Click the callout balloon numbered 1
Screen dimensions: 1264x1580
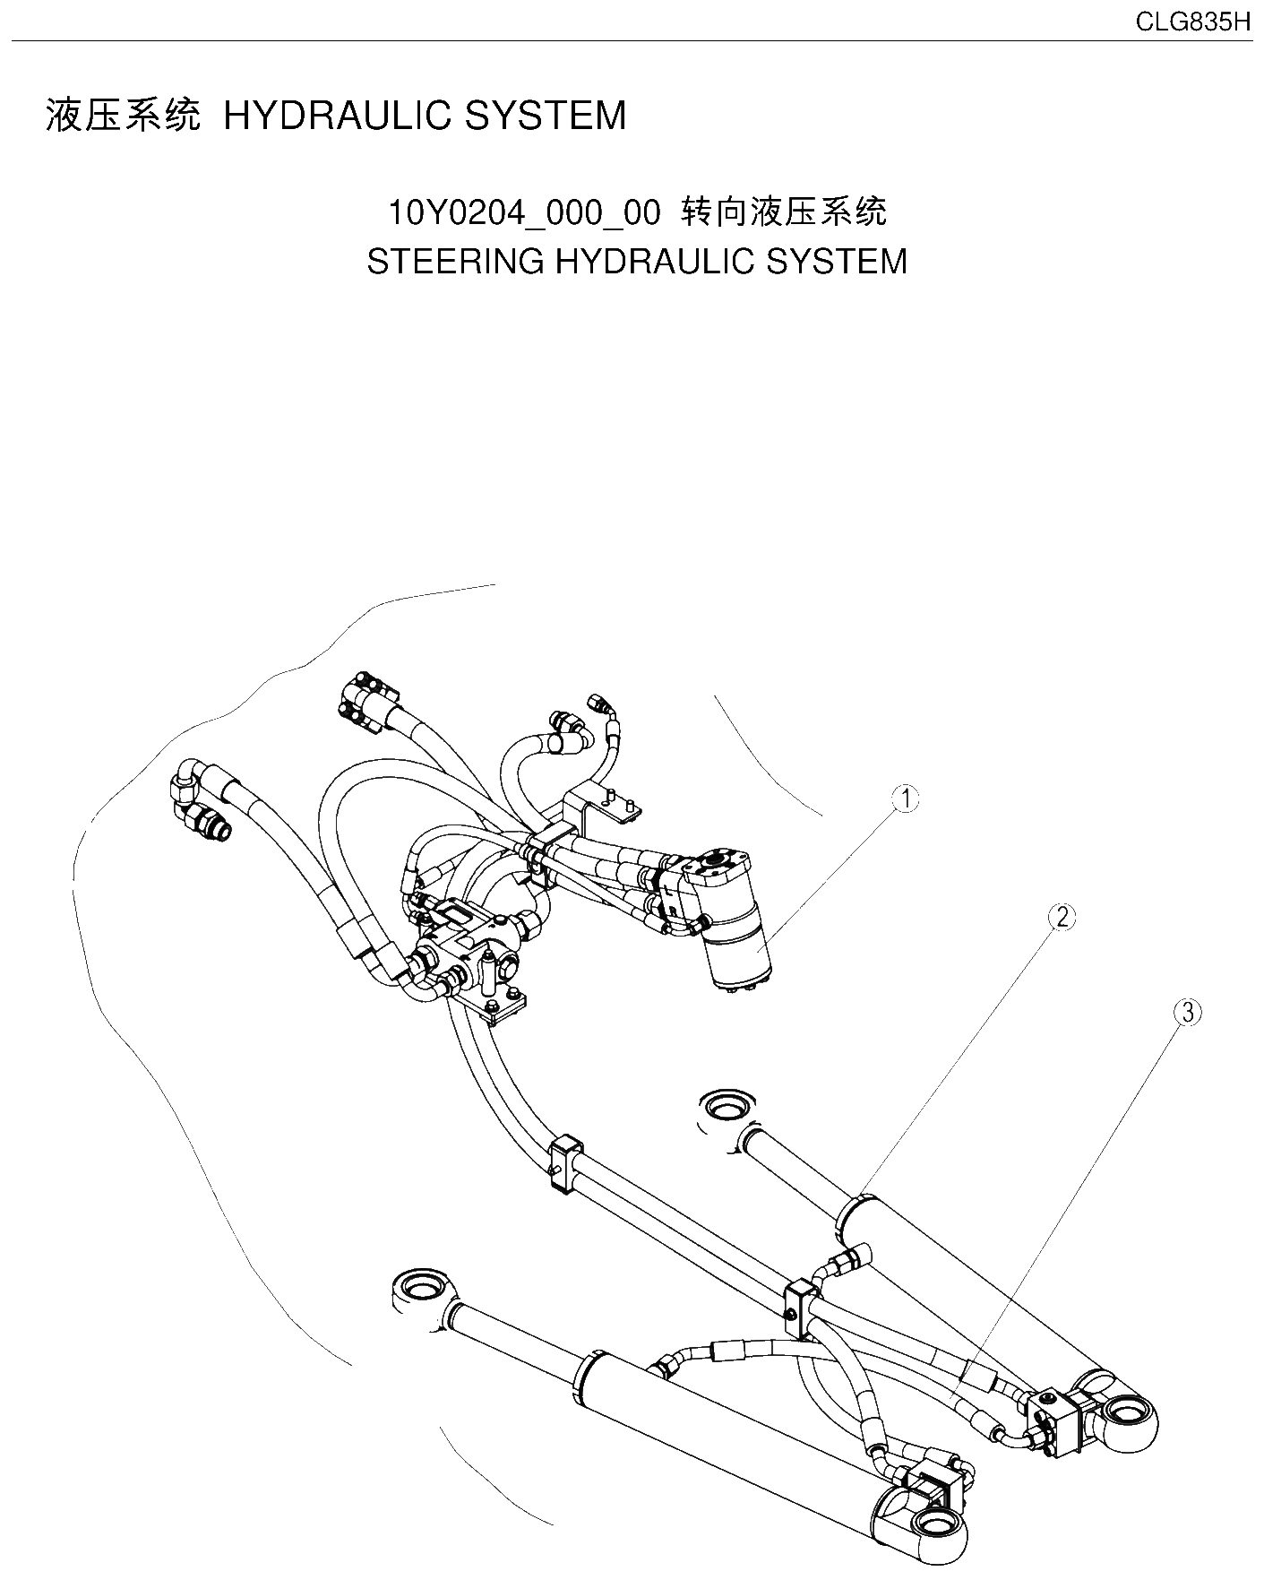(907, 799)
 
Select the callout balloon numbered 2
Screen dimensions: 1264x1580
(1062, 917)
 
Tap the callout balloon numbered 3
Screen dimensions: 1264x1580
(1187, 1013)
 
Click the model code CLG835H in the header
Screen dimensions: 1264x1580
(1192, 22)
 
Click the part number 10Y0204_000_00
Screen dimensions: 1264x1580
(523, 213)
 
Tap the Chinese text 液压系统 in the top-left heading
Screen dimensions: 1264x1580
(123, 117)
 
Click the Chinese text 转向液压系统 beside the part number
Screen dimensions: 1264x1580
(785, 212)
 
